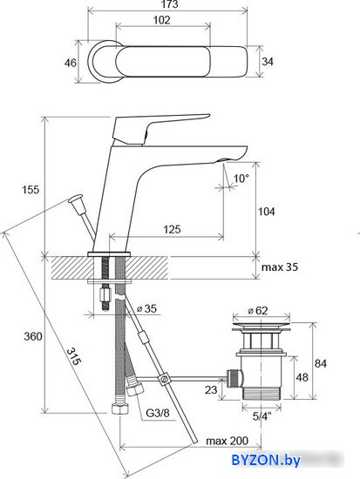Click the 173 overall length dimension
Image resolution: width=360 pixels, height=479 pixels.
coord(170,4)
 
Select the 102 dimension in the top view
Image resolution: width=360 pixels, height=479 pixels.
coord(161,20)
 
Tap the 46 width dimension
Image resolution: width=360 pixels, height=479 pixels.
coord(70,63)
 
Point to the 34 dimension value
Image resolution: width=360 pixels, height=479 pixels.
coord(268,62)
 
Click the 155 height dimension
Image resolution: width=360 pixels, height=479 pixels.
coord(31,190)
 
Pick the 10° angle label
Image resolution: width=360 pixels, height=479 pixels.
coord(241,178)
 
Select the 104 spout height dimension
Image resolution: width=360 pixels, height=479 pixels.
coord(267,212)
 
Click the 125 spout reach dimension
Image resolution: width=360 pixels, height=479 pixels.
coord(172,229)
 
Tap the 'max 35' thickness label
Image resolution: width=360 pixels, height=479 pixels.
coord(280,267)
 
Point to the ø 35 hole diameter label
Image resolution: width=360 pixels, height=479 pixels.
coord(146,308)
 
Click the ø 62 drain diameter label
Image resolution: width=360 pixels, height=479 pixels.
coord(257,311)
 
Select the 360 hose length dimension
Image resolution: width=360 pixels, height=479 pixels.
coord(33,336)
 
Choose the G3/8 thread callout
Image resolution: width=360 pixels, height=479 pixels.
coord(157,413)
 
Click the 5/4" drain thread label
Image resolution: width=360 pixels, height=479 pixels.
coord(262,416)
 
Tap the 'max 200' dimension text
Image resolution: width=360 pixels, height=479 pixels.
coord(227,441)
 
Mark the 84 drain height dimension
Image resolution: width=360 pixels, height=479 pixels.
coord(320,363)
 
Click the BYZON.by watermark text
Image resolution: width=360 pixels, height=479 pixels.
coord(266,460)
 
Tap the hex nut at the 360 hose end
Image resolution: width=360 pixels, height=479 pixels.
coord(120,409)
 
